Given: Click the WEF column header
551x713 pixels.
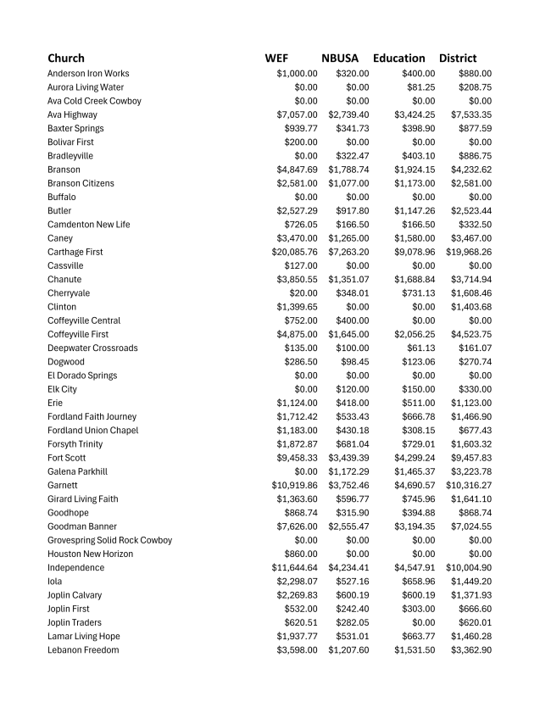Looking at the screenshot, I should pyautogui.click(x=276, y=58).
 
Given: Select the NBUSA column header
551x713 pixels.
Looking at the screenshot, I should pyautogui.click(x=340, y=58).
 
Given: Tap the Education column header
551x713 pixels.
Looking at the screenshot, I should pyautogui.click(x=398, y=58).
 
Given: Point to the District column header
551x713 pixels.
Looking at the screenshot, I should pyautogui.click(x=458, y=58).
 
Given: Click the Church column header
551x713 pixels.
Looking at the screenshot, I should pyautogui.click(x=66, y=58).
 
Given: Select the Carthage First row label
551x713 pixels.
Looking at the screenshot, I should pyautogui.click(x=75, y=252).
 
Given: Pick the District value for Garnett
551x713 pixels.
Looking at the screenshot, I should pyautogui.click(x=469, y=486).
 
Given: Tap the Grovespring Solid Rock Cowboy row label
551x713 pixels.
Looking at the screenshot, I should pyautogui.click(x=109, y=540).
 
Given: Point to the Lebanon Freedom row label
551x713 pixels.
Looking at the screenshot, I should pyautogui.click(x=83, y=650).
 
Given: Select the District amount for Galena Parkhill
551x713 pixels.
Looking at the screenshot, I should pyautogui.click(x=470, y=471).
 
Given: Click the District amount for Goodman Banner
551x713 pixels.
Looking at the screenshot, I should pyautogui.click(x=470, y=526).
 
